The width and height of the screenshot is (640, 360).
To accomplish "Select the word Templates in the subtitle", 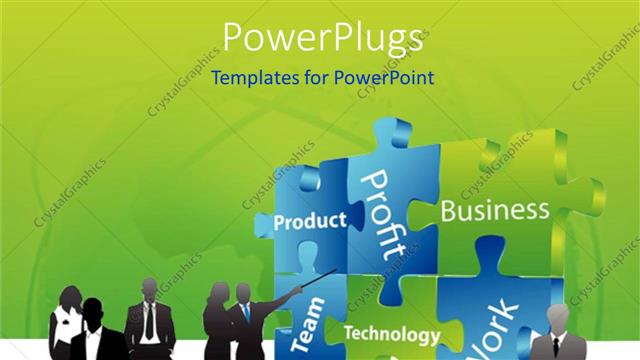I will click(254, 78).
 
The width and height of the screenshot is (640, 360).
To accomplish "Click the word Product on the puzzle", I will click(309, 220).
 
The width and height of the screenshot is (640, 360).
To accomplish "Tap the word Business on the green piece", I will click(495, 210).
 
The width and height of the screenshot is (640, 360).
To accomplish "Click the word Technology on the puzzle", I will click(391, 334).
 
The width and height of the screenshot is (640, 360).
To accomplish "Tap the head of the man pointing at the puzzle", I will click(243, 292).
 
